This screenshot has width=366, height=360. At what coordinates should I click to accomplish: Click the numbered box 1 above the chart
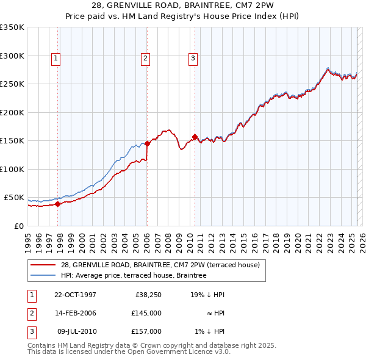56,59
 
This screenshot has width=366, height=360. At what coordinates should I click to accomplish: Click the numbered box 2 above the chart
146,59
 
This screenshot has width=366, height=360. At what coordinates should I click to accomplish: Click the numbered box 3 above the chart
193,59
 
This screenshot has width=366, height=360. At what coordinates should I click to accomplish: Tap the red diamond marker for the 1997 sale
58,204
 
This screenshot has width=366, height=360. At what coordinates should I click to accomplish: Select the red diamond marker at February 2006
147,144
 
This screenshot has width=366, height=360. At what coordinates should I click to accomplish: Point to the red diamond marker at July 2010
195,137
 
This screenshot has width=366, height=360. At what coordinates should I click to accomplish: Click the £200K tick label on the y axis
12,112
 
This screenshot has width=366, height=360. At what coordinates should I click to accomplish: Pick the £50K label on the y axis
14,198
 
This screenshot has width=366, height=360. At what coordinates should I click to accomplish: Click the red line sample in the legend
43,265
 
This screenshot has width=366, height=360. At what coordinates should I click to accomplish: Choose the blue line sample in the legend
43,275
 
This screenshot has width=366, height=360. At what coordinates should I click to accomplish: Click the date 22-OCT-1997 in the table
75,295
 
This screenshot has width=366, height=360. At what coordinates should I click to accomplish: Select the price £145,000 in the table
146,313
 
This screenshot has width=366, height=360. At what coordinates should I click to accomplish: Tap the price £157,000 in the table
146,331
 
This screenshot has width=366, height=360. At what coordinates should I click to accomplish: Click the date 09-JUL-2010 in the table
76,331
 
